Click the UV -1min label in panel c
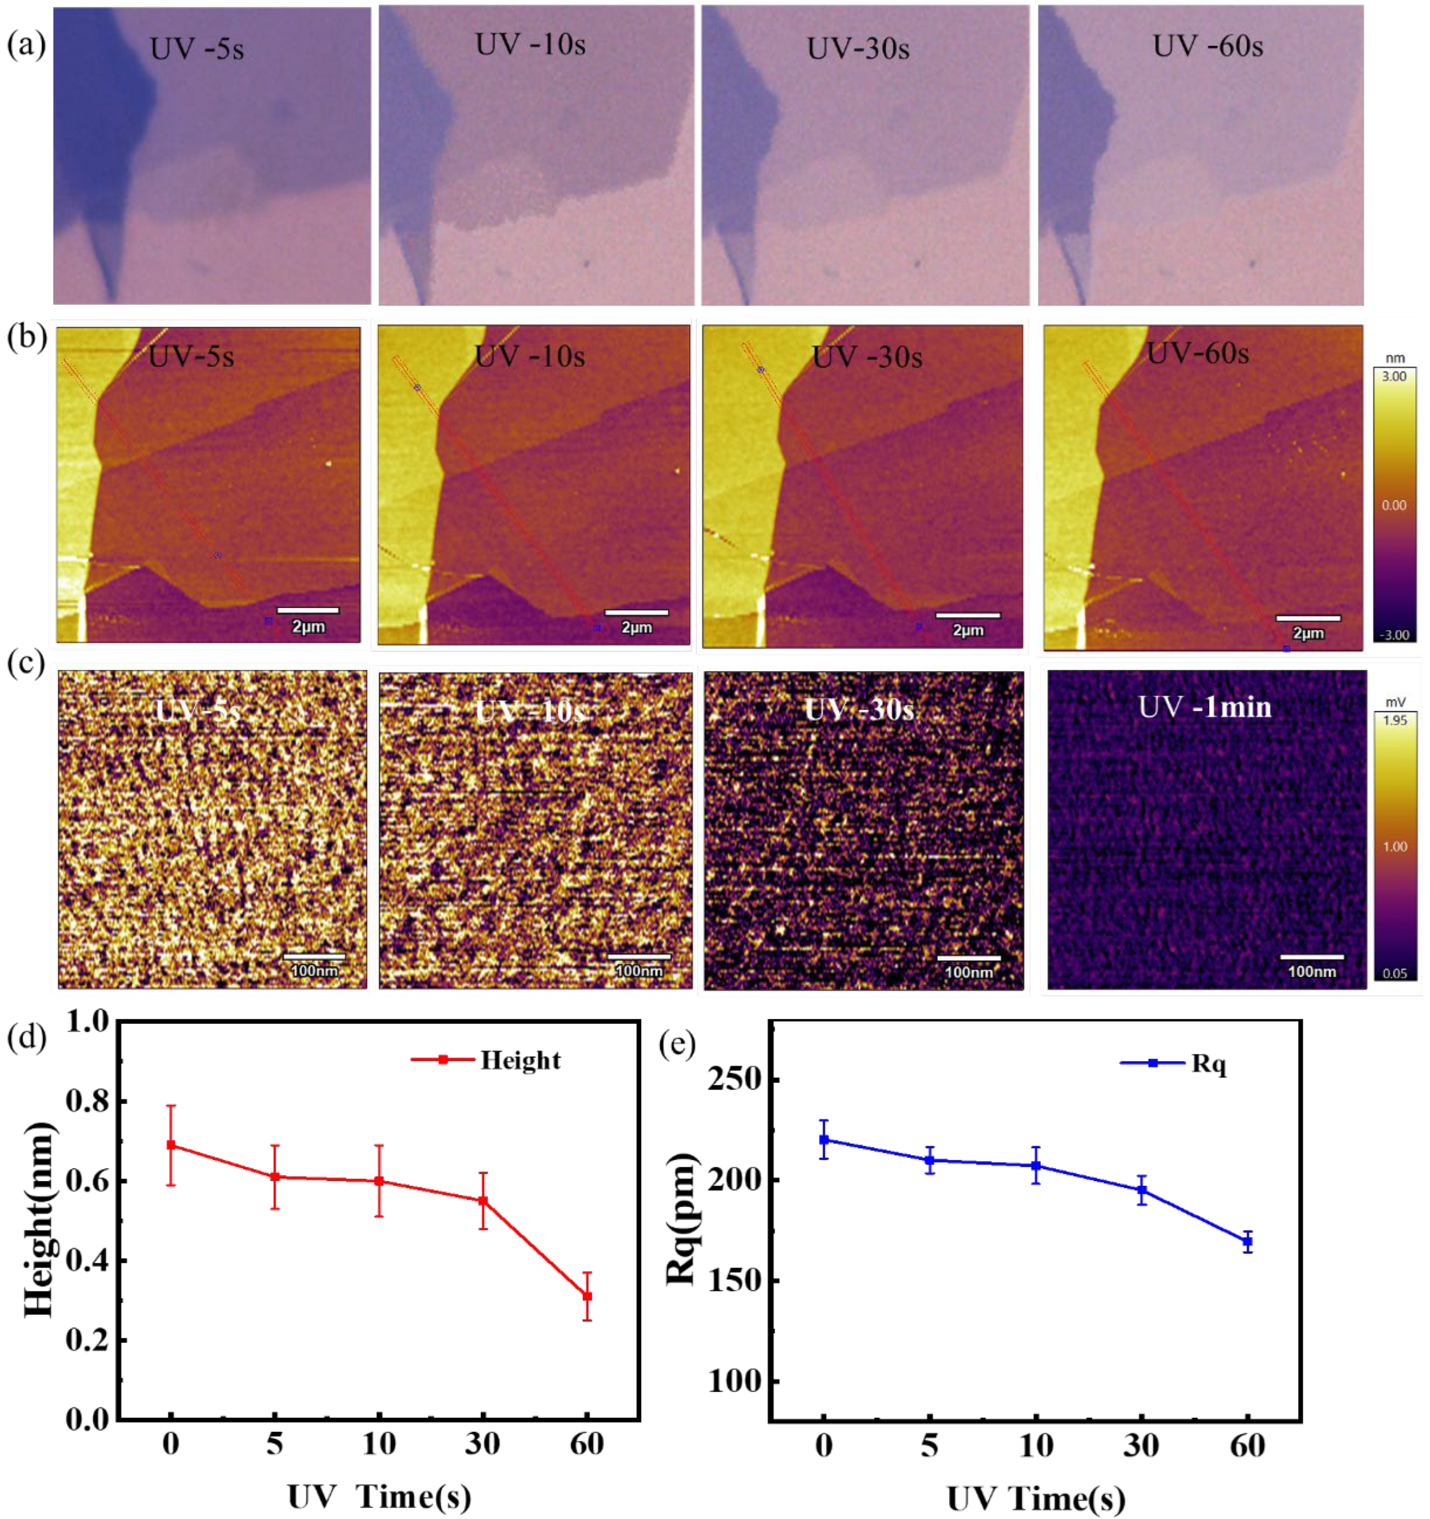tap(1205, 707)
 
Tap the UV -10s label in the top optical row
tap(530, 44)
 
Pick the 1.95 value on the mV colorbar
tap(1395, 720)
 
